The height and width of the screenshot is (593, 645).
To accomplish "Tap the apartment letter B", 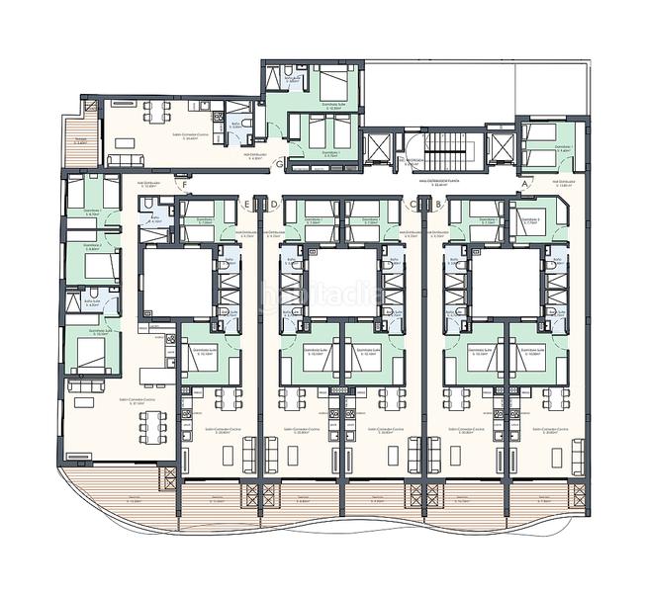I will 437,205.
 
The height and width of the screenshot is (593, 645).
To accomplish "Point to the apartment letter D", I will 274,205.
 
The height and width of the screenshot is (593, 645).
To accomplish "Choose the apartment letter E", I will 247,205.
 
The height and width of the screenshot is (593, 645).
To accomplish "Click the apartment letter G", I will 280,162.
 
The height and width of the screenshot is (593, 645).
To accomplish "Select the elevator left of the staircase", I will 376,148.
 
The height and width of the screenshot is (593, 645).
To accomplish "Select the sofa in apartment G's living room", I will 125,158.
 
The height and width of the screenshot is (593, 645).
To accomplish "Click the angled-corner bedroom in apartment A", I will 533,219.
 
